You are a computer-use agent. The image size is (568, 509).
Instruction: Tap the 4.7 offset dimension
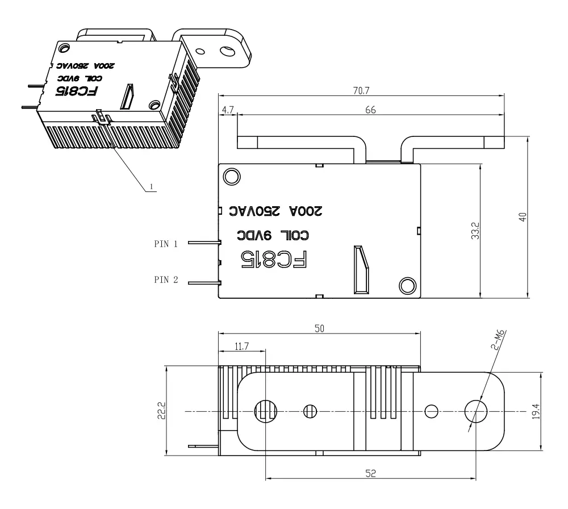pos(227,110)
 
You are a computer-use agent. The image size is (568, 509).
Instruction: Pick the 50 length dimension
pos(320,329)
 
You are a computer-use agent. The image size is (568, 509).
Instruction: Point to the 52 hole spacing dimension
pos(370,472)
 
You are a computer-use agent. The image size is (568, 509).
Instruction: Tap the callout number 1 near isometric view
pos(151,186)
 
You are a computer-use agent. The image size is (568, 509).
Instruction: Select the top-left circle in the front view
pos(232,176)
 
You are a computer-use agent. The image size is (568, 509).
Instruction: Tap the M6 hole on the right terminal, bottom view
pos(475,410)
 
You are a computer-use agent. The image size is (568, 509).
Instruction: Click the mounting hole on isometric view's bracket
pos(227,52)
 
